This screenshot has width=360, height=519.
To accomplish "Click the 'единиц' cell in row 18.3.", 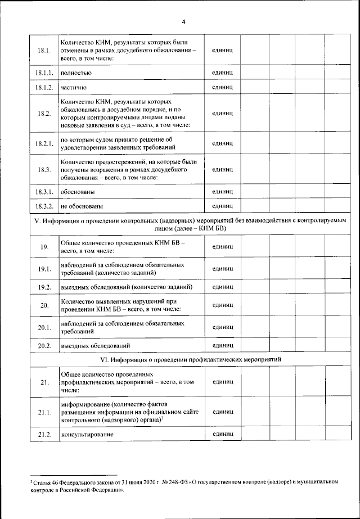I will (222, 169).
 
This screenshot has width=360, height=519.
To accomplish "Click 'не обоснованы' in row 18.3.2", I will (81, 206).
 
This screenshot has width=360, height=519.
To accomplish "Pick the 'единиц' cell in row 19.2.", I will (222, 287).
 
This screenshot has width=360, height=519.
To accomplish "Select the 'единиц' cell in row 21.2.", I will (222, 435).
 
